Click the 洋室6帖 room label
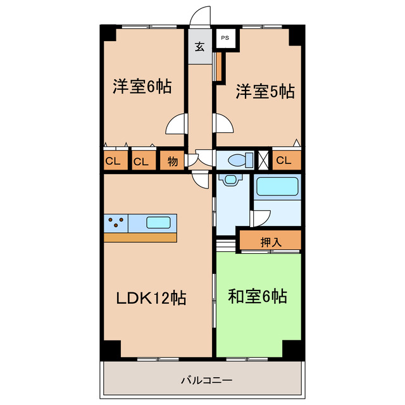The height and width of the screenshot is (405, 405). point(142,87)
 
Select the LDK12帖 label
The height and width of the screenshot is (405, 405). point(150,298)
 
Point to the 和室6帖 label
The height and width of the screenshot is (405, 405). point(258,296)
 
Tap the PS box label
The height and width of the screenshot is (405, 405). point(225,39)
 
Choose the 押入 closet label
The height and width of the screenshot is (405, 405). point(271,241)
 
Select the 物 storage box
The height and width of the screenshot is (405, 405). point(172,161)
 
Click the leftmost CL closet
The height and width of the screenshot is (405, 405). point(113,161)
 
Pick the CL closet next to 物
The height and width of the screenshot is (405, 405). point(141,161)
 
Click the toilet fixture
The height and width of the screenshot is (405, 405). point(234,159)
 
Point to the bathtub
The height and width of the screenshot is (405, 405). point(277,187)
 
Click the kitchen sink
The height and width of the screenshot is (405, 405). point(158,222)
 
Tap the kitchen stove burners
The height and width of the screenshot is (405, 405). point(116,222)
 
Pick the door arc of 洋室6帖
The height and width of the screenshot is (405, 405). point(175,125)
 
